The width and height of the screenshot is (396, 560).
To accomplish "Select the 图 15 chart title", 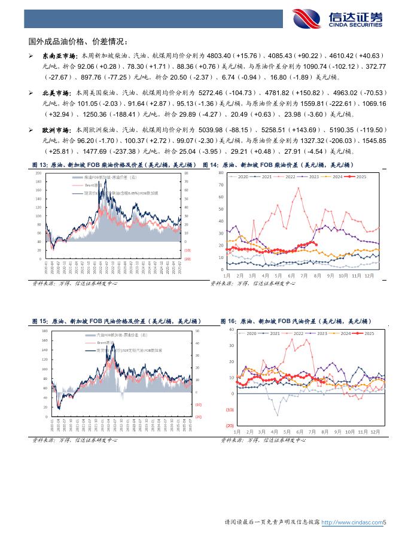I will click(x=116, y=321).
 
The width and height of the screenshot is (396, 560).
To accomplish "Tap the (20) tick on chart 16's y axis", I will click(x=229, y=425).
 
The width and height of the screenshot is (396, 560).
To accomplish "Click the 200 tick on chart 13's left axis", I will click(x=38, y=172).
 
